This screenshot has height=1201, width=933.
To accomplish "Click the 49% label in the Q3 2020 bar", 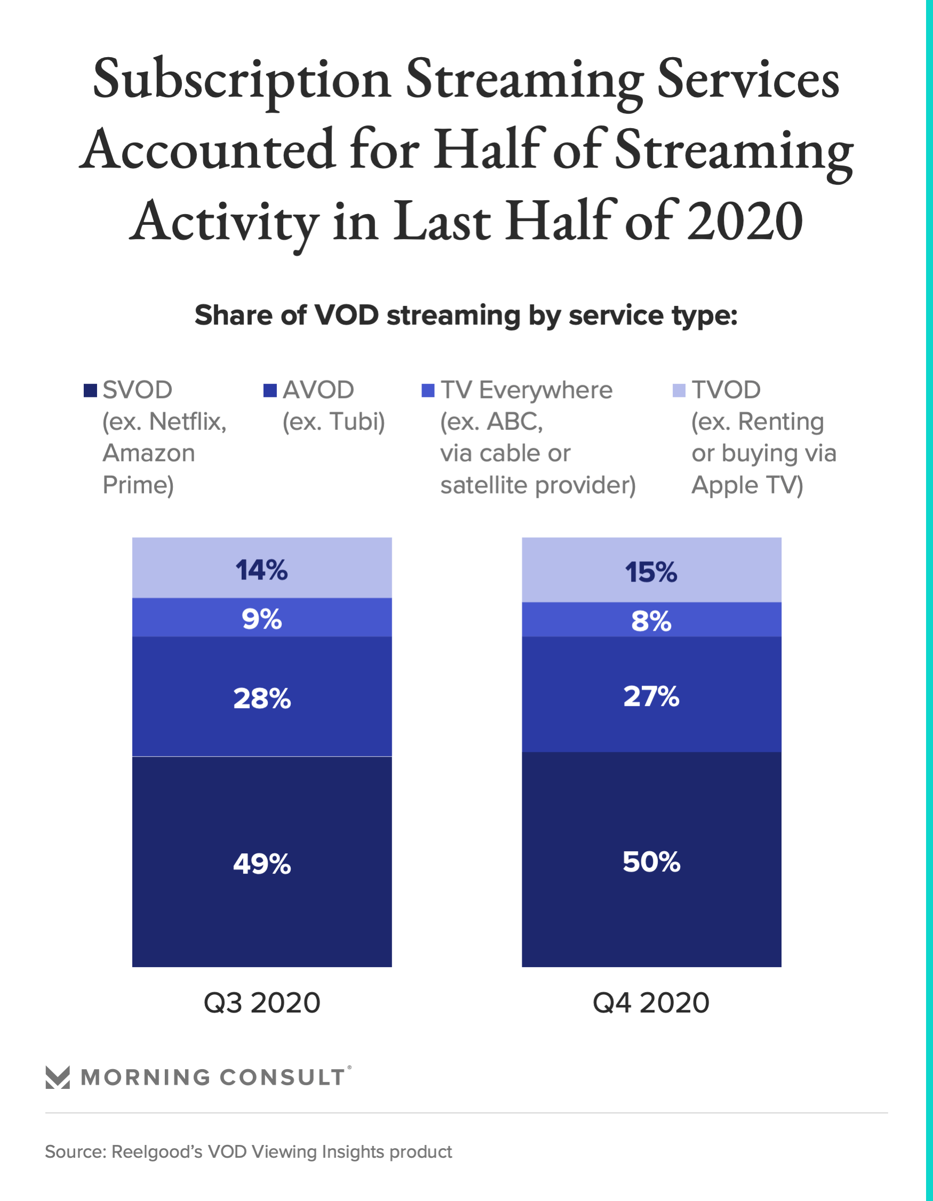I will pyautogui.click(x=261, y=864).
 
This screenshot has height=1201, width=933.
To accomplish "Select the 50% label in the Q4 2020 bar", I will pyautogui.click(x=651, y=861).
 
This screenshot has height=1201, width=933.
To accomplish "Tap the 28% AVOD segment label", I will pyautogui.click(x=261, y=698).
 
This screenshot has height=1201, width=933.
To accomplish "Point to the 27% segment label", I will pyautogui.click(x=651, y=696).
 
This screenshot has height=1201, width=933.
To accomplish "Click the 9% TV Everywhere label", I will pyautogui.click(x=261, y=619).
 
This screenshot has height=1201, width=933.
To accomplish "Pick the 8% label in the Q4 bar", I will pyautogui.click(x=651, y=622).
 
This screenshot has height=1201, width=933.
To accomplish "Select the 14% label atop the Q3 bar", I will pyautogui.click(x=261, y=570).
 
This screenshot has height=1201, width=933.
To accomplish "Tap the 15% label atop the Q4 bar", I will pyautogui.click(x=651, y=572).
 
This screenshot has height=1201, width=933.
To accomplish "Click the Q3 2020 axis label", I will pyautogui.click(x=261, y=1002).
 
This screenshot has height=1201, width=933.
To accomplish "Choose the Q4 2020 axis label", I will pyautogui.click(x=651, y=1002).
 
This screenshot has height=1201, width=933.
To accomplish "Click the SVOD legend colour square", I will pyautogui.click(x=90, y=390).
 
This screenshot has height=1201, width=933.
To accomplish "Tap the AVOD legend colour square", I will pyautogui.click(x=270, y=390).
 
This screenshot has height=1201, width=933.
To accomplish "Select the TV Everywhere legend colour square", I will pyautogui.click(x=427, y=390).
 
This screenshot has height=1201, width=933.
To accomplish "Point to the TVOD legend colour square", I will pyautogui.click(x=679, y=390).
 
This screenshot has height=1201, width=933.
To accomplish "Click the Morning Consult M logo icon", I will pyautogui.click(x=58, y=1077).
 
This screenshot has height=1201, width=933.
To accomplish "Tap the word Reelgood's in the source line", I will pyautogui.click(x=157, y=1151).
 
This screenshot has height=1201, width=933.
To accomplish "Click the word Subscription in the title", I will pyautogui.click(x=242, y=80).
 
